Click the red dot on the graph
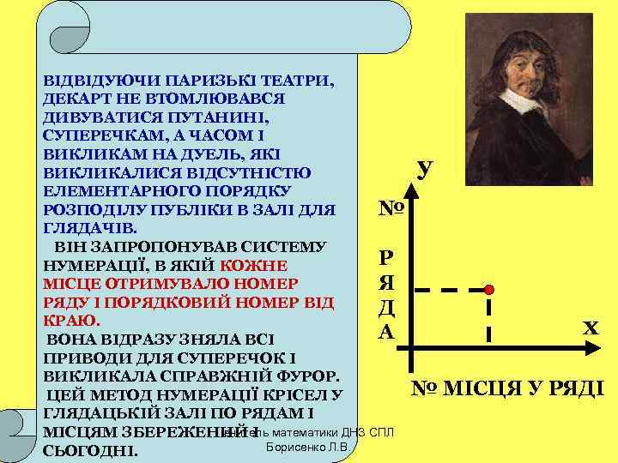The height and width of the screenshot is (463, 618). [488, 290]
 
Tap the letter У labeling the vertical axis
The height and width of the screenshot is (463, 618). [423, 169]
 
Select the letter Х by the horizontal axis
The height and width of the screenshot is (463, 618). [591, 327]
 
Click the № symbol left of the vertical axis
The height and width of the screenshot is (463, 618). [387, 208]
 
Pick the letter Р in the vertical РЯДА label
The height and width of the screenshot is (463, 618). [387, 258]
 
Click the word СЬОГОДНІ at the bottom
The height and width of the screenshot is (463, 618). [89, 451]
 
